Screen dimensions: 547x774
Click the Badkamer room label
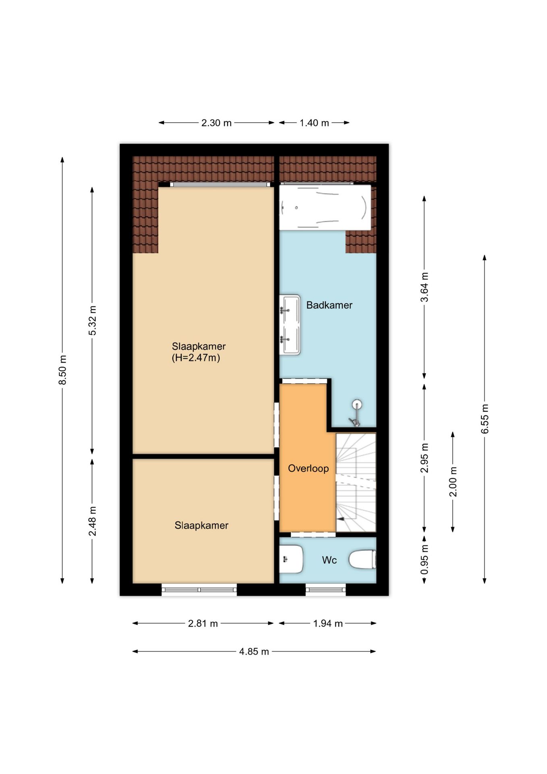coord(329,305)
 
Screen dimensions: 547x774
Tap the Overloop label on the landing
coord(308,468)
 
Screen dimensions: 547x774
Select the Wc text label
coord(329,560)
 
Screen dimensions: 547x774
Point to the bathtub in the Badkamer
coord(325,207)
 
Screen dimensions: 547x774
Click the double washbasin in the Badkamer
coord(290,325)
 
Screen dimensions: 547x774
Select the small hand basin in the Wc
coord(291,559)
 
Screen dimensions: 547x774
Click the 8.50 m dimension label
coord(62,370)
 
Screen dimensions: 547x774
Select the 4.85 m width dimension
coord(254,651)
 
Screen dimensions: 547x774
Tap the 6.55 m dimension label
coord(485,419)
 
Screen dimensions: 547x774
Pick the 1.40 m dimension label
coord(314,123)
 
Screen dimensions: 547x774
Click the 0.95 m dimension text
coord(424,560)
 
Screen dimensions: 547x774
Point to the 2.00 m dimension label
coord(453,482)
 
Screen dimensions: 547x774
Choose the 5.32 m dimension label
coord(92,320)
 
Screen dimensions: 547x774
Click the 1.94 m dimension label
coord(328,624)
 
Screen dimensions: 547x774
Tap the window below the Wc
coord(325,590)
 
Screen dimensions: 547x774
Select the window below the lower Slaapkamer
coord(199,590)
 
